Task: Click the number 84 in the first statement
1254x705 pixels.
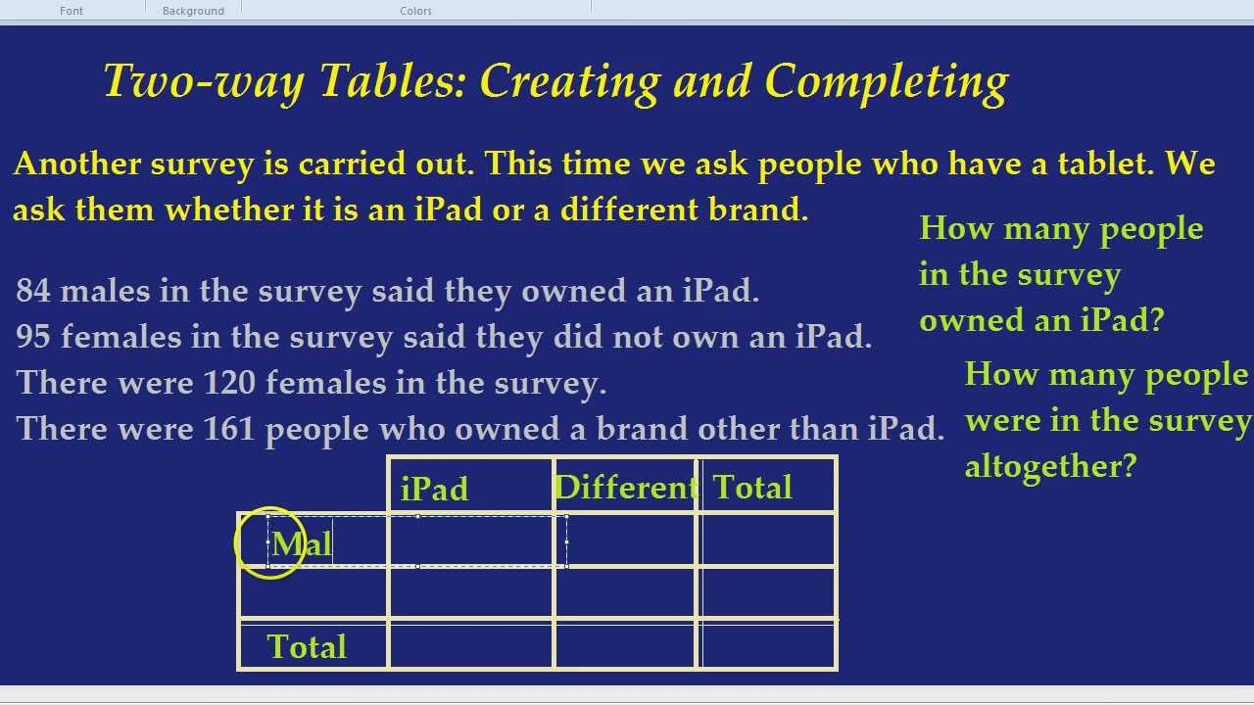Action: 32,291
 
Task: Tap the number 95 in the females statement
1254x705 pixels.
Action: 32,337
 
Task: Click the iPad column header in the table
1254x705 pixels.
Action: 435,489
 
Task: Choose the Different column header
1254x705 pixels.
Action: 625,487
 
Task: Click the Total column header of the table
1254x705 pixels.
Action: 752,487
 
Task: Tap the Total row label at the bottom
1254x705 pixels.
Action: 307,646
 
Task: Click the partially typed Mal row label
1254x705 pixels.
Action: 302,544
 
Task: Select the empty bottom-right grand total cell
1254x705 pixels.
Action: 768,645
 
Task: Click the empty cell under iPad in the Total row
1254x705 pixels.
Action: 471,645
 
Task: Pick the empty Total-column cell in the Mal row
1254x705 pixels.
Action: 768,540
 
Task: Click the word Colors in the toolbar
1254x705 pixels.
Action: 415,11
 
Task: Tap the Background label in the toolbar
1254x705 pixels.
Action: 193,11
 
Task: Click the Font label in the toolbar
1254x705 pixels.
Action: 72,11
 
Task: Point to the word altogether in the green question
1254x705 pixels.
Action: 1050,466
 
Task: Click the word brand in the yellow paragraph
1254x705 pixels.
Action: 759,210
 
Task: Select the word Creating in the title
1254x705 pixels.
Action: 569,81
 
